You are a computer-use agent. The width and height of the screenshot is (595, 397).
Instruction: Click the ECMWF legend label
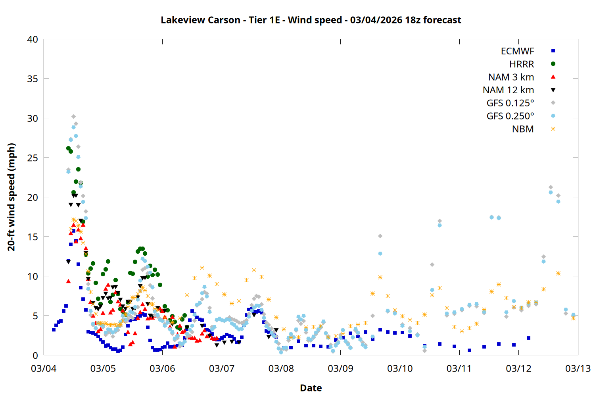click(x=517, y=51)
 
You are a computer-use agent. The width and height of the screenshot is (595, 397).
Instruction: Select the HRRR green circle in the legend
click(x=553, y=64)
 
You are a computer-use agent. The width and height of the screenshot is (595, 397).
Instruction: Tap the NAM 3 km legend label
click(x=511, y=77)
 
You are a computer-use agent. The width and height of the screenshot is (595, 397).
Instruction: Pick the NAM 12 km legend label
click(x=508, y=90)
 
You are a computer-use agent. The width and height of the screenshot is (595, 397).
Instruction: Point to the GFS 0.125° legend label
click(x=510, y=103)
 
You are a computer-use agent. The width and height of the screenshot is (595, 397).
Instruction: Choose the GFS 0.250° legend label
click(x=510, y=116)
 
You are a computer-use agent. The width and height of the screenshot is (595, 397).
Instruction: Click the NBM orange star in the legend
click(x=553, y=129)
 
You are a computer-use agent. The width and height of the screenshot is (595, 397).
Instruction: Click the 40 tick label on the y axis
click(x=33, y=39)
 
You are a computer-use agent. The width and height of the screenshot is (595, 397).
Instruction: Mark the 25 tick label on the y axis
click(x=33, y=158)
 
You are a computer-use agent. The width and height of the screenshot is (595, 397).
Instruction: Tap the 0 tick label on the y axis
click(x=36, y=355)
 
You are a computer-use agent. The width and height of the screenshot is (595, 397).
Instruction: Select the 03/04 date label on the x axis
click(x=44, y=368)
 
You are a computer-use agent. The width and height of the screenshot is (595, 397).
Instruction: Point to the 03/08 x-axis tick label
click(x=281, y=368)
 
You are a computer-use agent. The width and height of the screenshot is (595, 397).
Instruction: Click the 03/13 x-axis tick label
click(x=578, y=368)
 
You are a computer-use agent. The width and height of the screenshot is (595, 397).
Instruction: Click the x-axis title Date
click(x=311, y=388)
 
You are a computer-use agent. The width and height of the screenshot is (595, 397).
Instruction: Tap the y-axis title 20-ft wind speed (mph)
click(x=12, y=197)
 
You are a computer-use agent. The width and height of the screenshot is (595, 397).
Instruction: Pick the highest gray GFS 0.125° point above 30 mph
click(x=73, y=117)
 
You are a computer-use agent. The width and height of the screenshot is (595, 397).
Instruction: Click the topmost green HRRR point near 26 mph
click(x=68, y=148)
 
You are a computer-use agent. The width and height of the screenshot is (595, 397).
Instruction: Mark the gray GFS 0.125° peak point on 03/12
click(x=551, y=187)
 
